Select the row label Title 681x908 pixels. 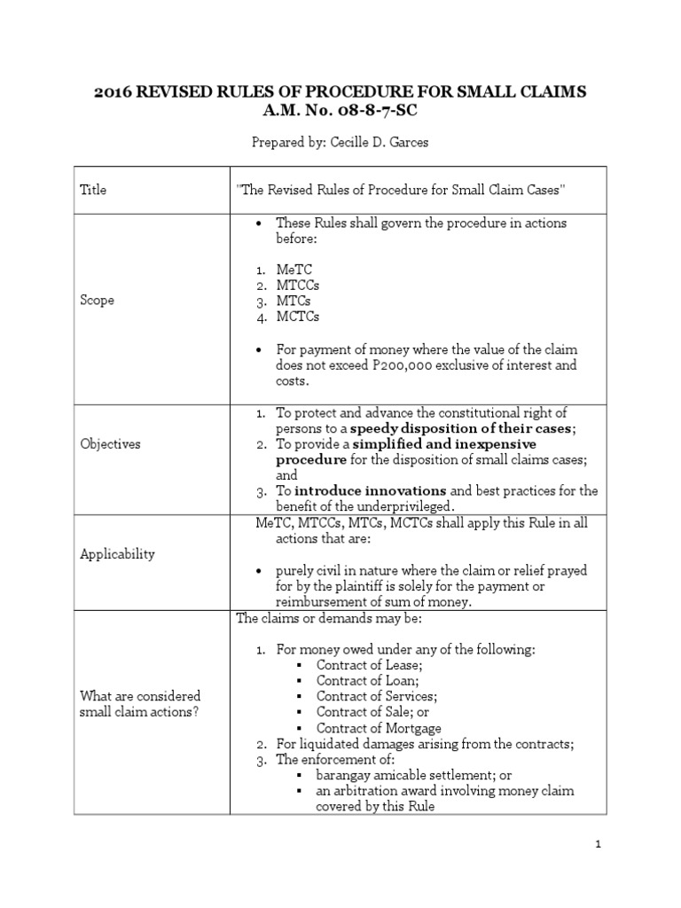[92, 190]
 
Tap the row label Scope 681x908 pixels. [97, 301]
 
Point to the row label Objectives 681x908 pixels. [110, 443]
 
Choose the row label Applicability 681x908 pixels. [117, 554]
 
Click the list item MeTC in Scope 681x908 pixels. [294, 269]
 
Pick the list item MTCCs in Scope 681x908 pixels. [298, 285]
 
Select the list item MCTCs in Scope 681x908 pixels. [298, 317]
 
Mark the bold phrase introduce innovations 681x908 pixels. [370, 490]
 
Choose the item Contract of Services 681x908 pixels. [377, 697]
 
